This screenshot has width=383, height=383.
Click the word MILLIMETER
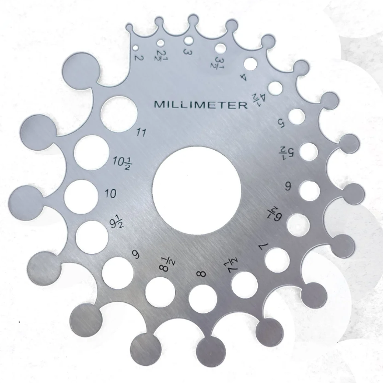201,105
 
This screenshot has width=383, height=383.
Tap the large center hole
197,190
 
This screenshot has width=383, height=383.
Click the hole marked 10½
91,153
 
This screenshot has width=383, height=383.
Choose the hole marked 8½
160,292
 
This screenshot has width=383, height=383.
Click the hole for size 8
203,299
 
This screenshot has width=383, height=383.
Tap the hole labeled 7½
245,284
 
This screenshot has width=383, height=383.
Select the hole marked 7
277,260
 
